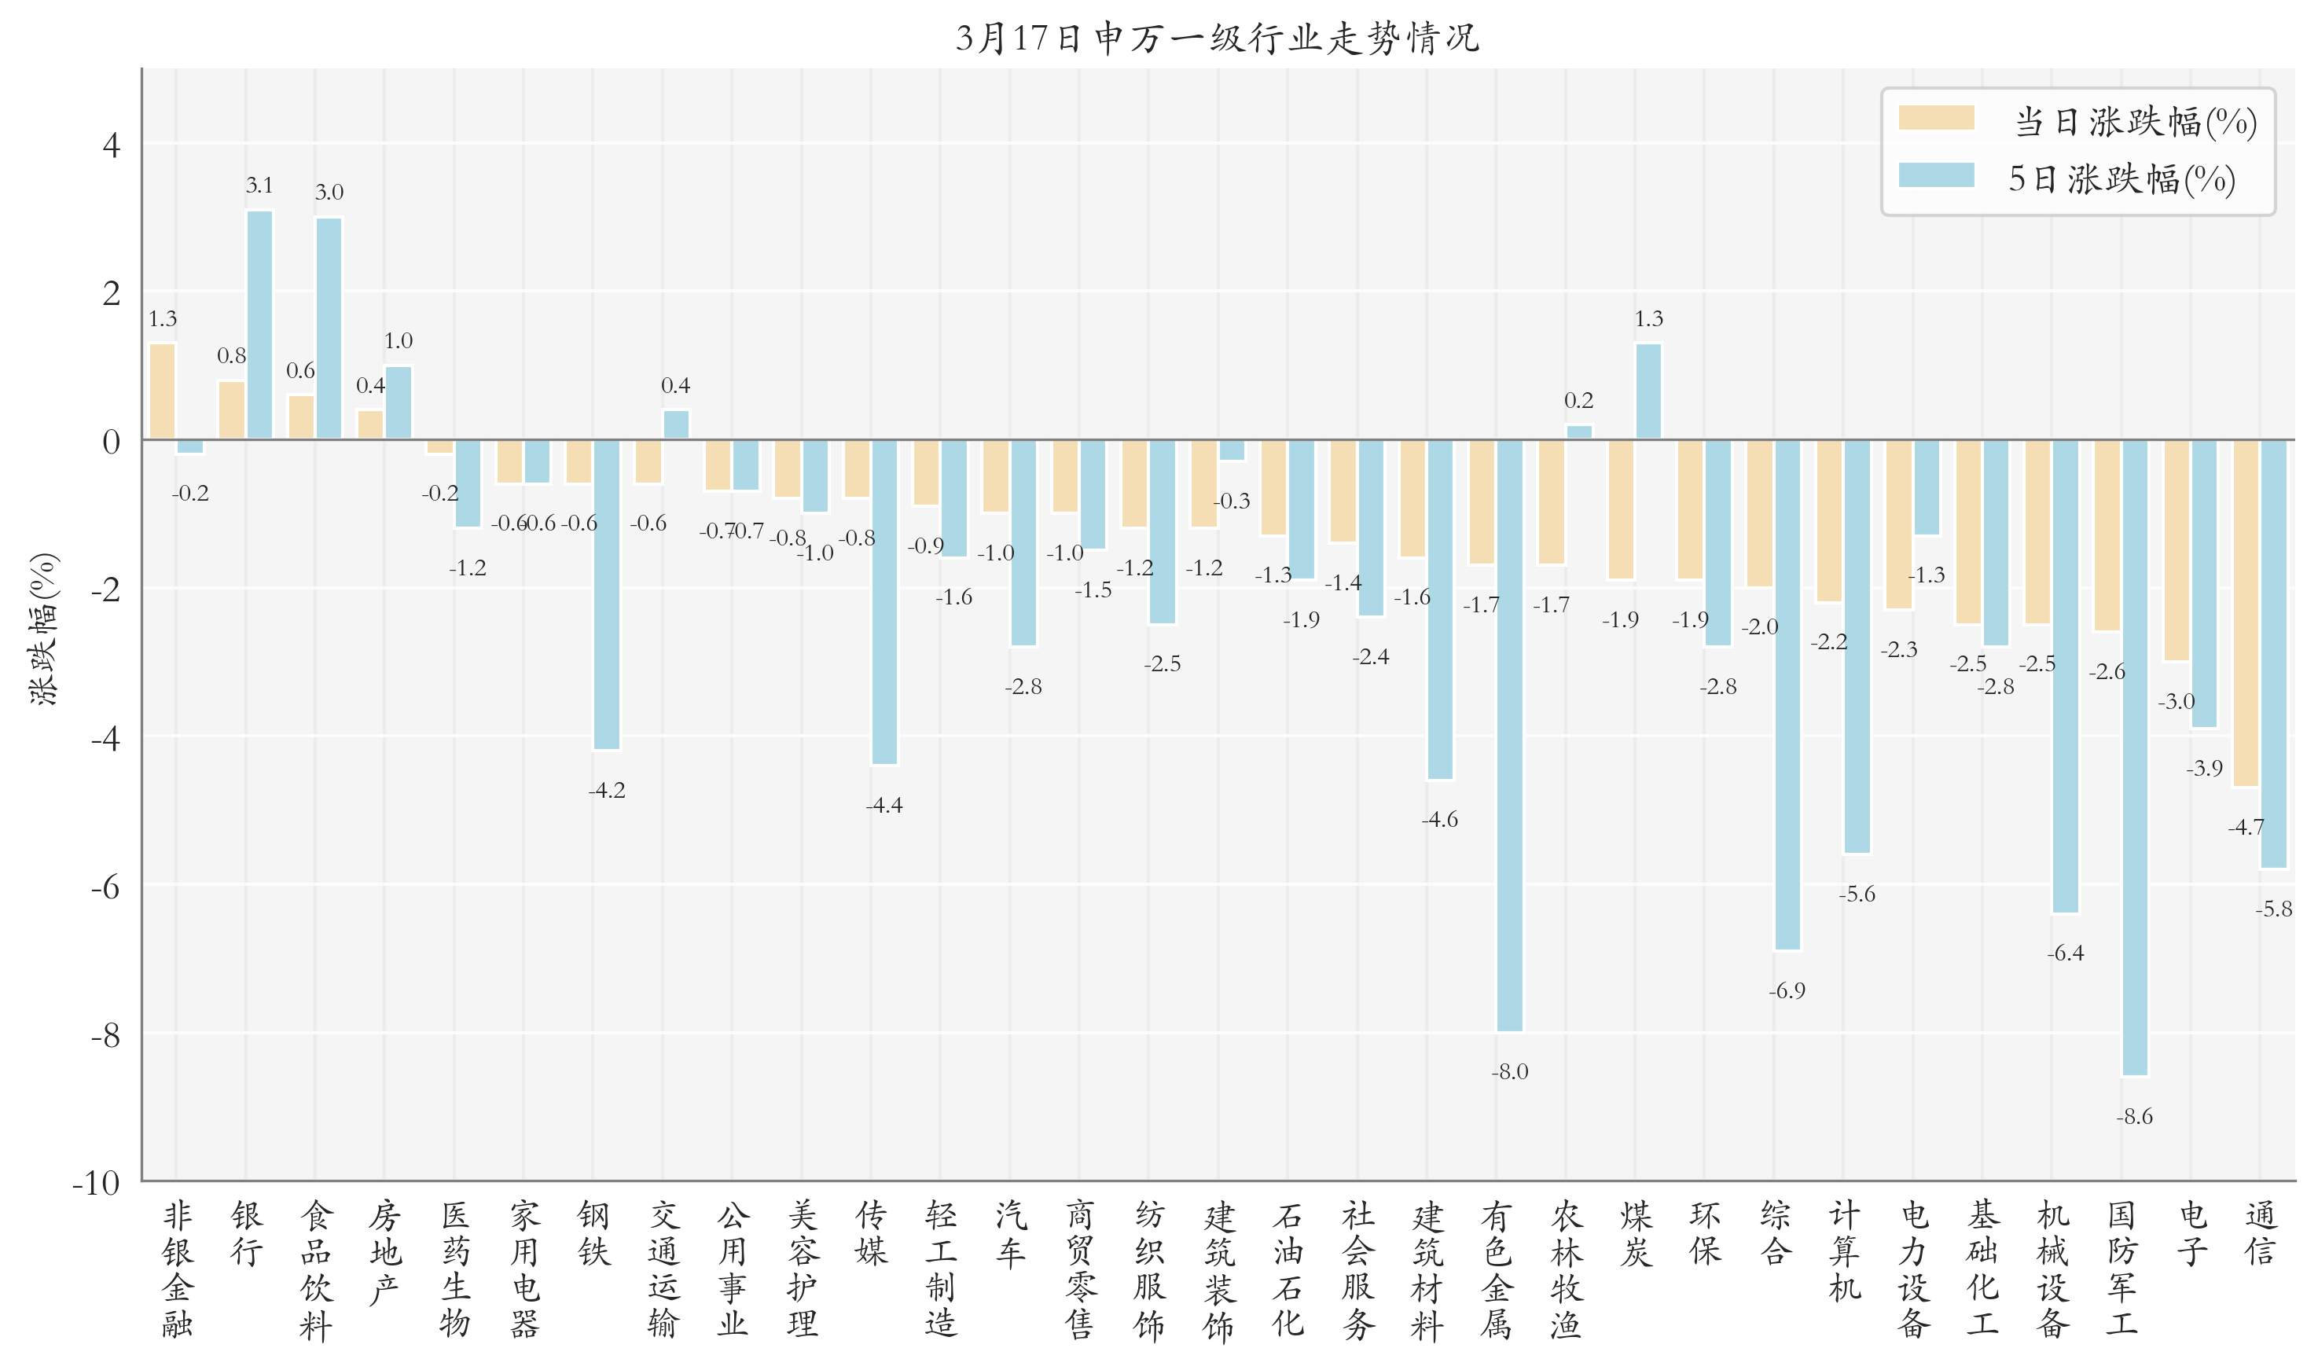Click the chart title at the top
(x=1217, y=38)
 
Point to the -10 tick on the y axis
(x=96, y=1183)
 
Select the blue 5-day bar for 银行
(x=259, y=325)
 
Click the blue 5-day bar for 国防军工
(x=2134, y=757)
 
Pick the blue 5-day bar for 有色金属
(x=1509, y=735)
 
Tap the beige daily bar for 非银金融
(x=163, y=391)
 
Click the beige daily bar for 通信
(x=2245, y=613)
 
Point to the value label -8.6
(x=2134, y=1117)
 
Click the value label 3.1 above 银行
(x=259, y=185)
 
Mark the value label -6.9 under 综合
(x=1787, y=990)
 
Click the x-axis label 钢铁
(x=593, y=1233)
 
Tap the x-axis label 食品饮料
(x=316, y=1269)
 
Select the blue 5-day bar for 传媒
(x=883, y=602)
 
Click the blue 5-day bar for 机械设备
(x=2065, y=676)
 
